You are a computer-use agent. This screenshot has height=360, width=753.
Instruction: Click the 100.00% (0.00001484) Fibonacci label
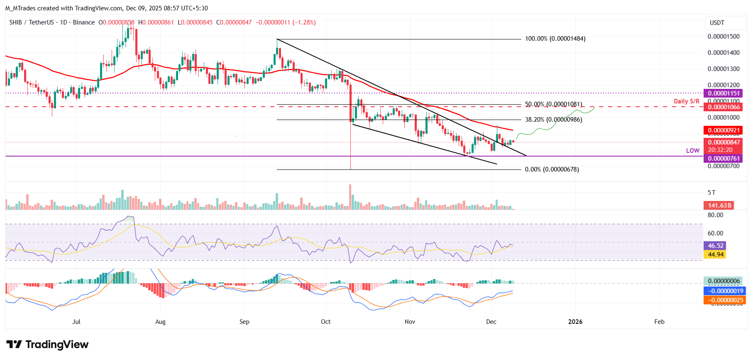[555, 39]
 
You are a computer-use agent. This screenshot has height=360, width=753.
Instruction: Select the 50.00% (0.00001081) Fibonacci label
[553, 104]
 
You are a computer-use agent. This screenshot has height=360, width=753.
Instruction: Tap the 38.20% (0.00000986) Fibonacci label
[553, 120]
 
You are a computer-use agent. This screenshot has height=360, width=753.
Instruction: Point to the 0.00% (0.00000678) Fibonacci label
[552, 169]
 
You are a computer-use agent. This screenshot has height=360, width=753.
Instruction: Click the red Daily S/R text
[686, 101]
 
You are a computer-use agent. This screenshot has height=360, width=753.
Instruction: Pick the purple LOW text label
[692, 151]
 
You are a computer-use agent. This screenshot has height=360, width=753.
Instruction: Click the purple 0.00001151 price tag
[724, 93]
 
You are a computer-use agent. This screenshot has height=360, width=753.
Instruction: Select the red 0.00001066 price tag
[724, 107]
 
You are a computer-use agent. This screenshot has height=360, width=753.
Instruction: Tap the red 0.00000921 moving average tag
[724, 130]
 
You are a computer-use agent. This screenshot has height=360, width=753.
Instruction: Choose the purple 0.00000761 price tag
[724, 159]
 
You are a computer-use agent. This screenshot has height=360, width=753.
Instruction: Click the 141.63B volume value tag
[719, 206]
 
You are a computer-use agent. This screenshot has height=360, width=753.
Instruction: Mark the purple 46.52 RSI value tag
[715, 246]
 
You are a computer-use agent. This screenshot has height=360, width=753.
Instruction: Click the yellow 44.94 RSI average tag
[715, 255]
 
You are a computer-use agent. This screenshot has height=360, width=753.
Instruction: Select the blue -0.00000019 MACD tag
[724, 291]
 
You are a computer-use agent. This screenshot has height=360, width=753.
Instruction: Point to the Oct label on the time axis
[325, 322]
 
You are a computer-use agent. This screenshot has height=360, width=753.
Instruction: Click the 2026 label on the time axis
[575, 322]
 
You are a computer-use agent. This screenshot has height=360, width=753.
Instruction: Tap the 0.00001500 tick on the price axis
[723, 37]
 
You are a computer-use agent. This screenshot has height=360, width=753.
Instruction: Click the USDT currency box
[717, 23]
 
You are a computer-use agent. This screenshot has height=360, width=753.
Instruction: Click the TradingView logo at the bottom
[47, 345]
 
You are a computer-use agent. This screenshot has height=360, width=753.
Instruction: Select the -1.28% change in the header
[304, 22]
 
